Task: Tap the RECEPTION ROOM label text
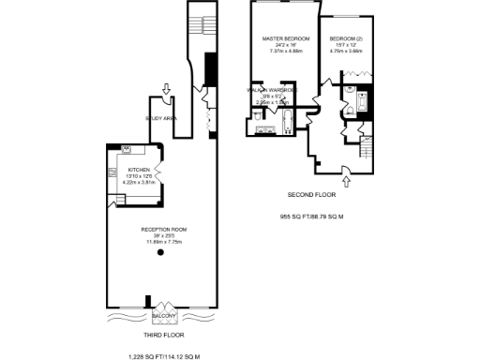161,229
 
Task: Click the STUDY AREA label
161,118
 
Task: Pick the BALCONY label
165,316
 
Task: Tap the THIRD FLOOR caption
165,334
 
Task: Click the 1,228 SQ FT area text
165,356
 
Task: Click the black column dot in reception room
160,252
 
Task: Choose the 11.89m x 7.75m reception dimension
161,242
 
